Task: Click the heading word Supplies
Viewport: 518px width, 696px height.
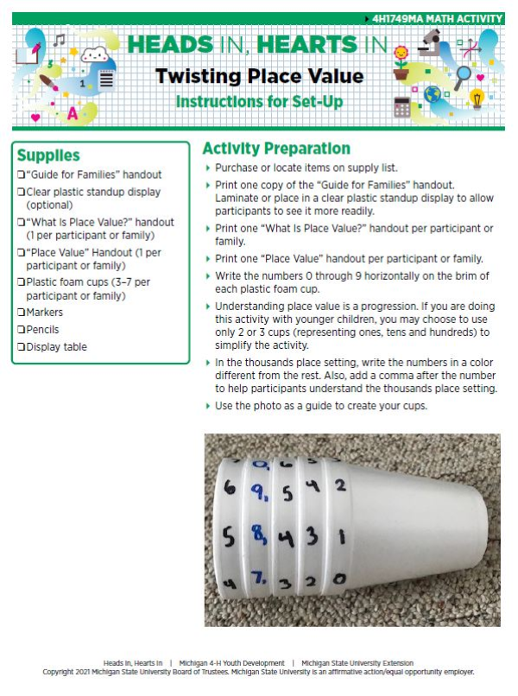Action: coord(48,155)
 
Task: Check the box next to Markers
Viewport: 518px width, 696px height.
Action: coord(21,313)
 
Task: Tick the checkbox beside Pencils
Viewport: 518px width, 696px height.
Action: coord(21,330)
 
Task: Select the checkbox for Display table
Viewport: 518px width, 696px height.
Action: coord(21,347)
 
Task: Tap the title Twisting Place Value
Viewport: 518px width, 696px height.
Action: coord(260,76)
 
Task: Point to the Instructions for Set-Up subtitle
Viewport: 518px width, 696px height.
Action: coord(259,102)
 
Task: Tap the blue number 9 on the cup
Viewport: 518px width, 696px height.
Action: coord(257,493)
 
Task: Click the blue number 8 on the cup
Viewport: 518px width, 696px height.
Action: coord(259,535)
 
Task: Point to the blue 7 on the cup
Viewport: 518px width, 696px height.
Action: coord(257,576)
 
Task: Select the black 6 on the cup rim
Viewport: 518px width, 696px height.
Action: coord(229,488)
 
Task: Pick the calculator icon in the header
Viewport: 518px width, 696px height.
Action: coord(401,107)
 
